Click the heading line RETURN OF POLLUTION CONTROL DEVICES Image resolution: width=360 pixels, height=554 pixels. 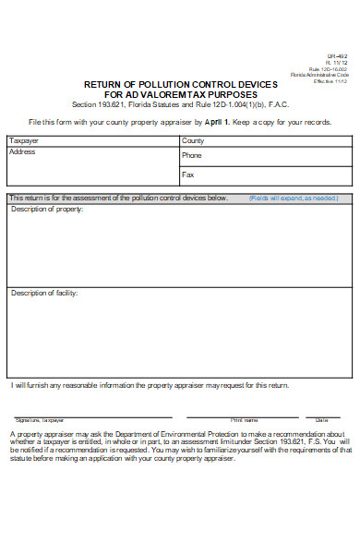180,84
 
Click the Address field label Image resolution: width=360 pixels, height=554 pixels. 22,151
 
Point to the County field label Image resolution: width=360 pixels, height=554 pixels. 193,140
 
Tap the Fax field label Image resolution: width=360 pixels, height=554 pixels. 188,174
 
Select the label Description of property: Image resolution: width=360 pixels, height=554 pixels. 47,210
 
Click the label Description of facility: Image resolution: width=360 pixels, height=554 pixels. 44,293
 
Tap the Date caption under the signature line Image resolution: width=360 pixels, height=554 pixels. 321,419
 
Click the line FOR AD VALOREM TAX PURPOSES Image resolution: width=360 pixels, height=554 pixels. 180,94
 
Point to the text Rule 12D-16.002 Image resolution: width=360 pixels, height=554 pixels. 329,68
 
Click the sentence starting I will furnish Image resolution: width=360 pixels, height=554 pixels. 150,385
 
